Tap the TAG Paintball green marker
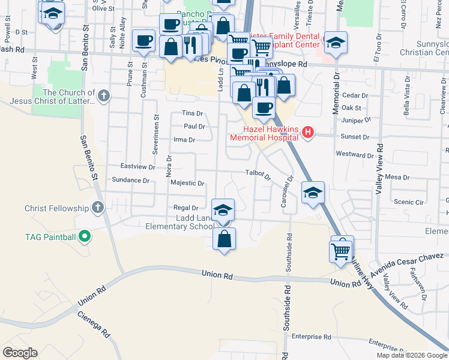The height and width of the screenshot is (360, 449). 85,236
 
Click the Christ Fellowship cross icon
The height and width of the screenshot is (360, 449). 98,208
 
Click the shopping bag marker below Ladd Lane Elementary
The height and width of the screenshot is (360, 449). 224,239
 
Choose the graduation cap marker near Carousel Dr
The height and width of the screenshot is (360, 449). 313,193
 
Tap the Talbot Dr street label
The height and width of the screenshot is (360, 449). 259,175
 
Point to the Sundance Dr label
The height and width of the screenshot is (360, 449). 130,180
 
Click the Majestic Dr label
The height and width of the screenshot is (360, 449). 187,184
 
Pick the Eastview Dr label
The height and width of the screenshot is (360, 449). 138,166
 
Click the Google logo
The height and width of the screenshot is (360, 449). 20,353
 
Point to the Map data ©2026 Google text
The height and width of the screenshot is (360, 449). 411,355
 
